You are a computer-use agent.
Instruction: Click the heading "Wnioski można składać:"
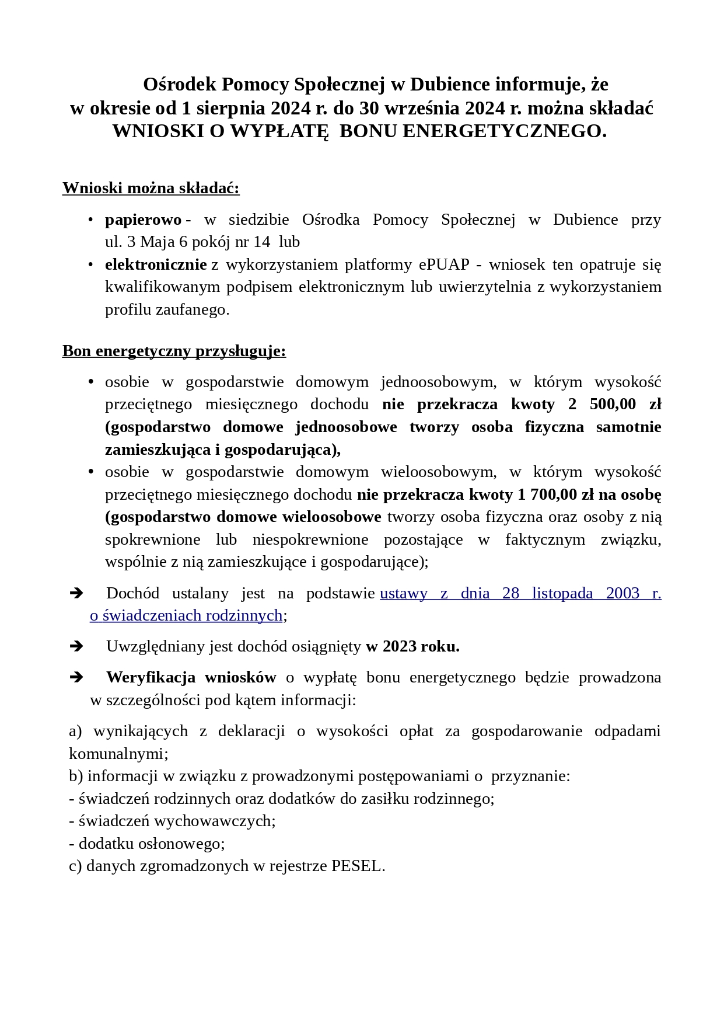[151, 188]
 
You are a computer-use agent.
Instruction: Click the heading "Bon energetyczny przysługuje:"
[174, 351]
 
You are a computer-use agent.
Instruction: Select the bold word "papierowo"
[143, 220]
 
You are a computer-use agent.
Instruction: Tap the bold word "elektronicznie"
[156, 264]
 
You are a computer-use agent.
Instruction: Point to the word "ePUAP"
[444, 264]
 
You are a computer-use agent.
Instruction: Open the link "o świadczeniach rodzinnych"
[186, 615]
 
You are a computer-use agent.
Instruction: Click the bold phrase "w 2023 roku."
[412, 646]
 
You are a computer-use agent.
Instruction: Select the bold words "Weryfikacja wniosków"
[191, 677]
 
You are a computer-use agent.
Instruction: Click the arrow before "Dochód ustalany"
[76, 593]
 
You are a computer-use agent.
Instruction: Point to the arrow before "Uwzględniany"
[76, 646]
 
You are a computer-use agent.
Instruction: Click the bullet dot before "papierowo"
[90, 220]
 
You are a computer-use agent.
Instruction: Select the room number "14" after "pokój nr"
[263, 242]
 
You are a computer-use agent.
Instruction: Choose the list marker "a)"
[76, 731]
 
